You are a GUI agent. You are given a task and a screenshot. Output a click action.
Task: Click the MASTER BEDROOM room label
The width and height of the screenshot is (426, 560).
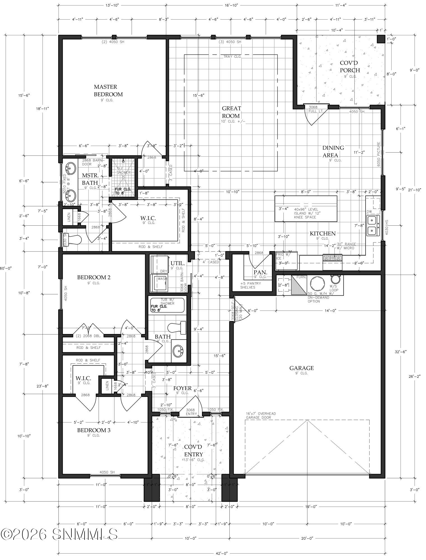(x=108, y=90)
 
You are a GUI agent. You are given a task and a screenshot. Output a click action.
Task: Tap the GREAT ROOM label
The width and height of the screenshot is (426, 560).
(x=231, y=112)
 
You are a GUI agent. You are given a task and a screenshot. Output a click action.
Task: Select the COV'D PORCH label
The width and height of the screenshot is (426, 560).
(x=350, y=67)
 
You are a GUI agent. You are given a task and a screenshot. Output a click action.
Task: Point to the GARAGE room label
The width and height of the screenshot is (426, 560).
(x=301, y=368)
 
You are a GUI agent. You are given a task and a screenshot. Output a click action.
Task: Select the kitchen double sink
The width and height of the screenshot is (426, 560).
(x=372, y=226)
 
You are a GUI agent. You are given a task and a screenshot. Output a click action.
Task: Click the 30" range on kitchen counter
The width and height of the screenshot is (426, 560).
(x=332, y=257)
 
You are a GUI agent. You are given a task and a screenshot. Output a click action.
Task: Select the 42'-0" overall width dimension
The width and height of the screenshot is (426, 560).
(x=222, y=553)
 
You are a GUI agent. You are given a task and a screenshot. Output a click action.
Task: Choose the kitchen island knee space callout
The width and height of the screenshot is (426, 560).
(x=305, y=213)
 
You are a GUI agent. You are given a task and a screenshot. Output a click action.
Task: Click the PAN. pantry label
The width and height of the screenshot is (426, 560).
(x=260, y=272)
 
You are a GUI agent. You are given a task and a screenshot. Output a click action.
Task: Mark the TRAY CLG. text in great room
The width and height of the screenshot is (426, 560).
(x=232, y=57)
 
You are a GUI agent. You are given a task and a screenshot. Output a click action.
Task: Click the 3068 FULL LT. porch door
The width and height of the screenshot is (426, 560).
(x=316, y=109)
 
